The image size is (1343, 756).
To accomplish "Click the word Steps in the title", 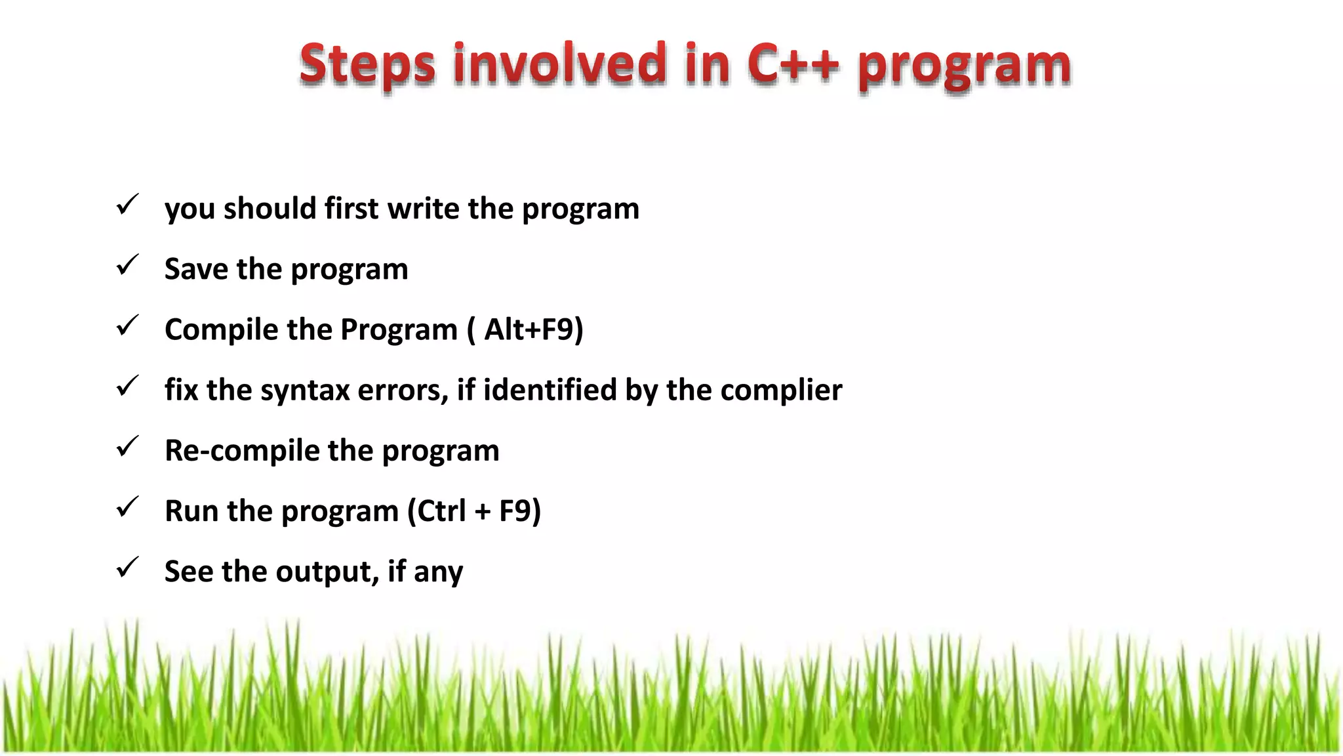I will (367, 66).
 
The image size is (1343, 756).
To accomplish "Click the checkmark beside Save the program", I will (127, 266).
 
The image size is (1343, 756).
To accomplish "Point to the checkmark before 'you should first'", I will (127, 205).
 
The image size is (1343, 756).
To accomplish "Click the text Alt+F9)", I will (533, 329).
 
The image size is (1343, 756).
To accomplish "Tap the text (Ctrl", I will (437, 511).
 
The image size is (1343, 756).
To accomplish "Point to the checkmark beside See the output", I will (127, 568).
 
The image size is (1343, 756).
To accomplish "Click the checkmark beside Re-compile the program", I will (127, 447).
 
